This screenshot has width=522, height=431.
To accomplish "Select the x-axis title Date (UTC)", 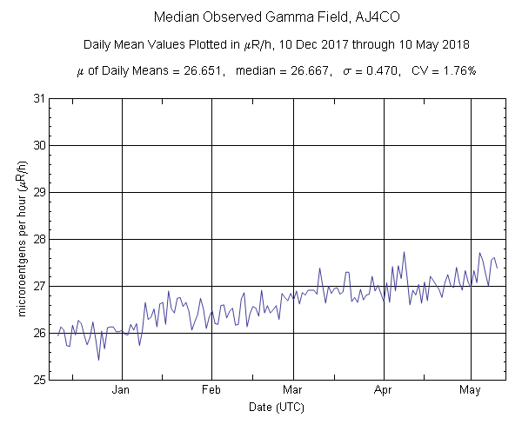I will [277, 407].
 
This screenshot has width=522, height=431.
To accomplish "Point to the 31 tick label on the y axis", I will [38, 98].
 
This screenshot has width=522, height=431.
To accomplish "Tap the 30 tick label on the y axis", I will [38, 145].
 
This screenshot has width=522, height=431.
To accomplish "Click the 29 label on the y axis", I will [38, 192].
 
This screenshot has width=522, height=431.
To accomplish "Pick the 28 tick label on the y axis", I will [38, 239].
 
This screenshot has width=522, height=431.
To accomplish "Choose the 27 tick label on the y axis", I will [38, 286].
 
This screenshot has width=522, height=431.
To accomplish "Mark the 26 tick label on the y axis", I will [38, 333].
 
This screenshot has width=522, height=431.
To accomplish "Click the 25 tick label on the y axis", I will [38, 380].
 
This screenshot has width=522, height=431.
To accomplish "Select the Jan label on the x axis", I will [121, 390].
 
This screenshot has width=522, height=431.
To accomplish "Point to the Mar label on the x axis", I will [293, 390].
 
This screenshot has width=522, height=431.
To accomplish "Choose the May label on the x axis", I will [471, 390].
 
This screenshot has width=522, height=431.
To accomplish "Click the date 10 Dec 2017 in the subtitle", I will [312, 44].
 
